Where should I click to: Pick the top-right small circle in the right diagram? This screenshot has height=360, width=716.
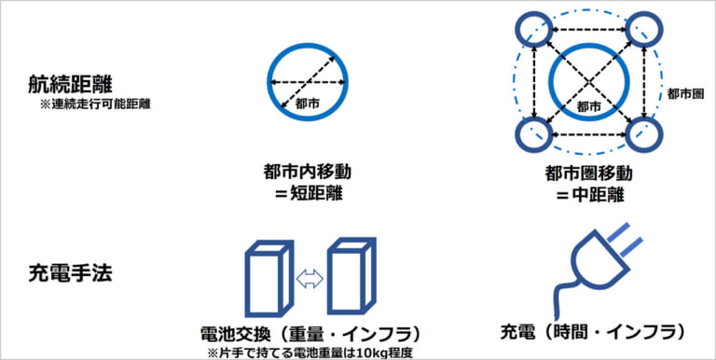pos(645,30)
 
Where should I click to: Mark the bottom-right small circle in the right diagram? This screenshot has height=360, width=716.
pos(645,136)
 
